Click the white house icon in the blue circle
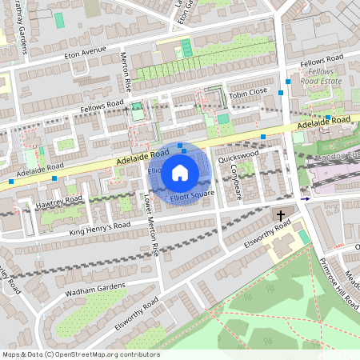[x=180, y=171]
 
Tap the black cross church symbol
[x=281, y=215]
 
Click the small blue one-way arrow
[x=304, y=198]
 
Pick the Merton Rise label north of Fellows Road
[x=124, y=71]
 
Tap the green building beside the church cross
[x=304, y=238]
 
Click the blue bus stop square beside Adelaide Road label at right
[x=328, y=118]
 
